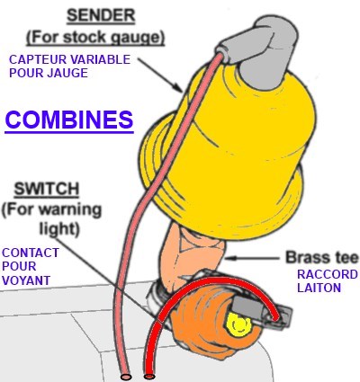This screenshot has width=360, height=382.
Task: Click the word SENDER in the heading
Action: click(101, 15)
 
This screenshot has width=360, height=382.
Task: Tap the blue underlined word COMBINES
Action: click(69, 120)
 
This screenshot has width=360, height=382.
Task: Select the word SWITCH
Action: click(47, 189)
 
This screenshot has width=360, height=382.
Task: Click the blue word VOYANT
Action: click(26, 280)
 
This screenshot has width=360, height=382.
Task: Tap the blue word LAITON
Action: click(319, 288)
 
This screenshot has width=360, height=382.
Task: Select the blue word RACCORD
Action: click(328, 274)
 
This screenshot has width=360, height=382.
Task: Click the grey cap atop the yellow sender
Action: click(260, 51)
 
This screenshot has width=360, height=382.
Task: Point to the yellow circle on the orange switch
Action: click(239, 324)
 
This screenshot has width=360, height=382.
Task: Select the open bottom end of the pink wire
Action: click(126, 376)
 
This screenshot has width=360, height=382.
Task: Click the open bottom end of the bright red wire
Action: click(149, 376)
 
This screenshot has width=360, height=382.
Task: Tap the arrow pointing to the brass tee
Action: click(253, 258)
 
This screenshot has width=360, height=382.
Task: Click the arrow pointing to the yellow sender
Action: click(160, 75)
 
